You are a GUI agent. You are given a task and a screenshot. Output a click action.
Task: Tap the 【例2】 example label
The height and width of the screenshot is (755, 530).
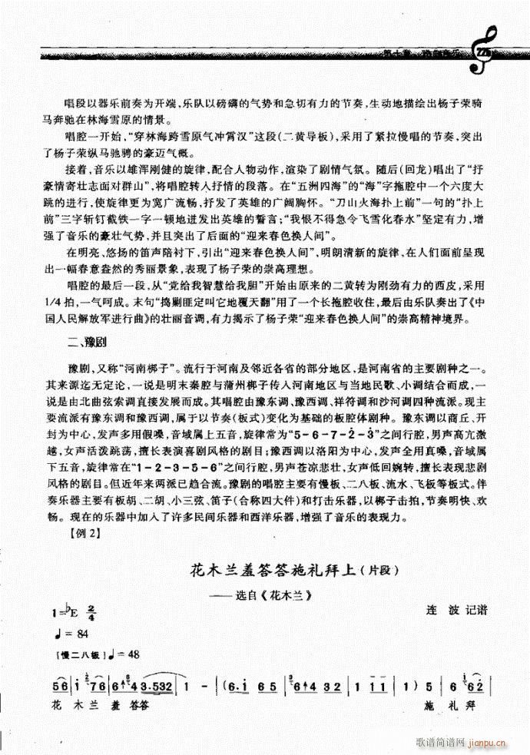coord(83,535)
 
